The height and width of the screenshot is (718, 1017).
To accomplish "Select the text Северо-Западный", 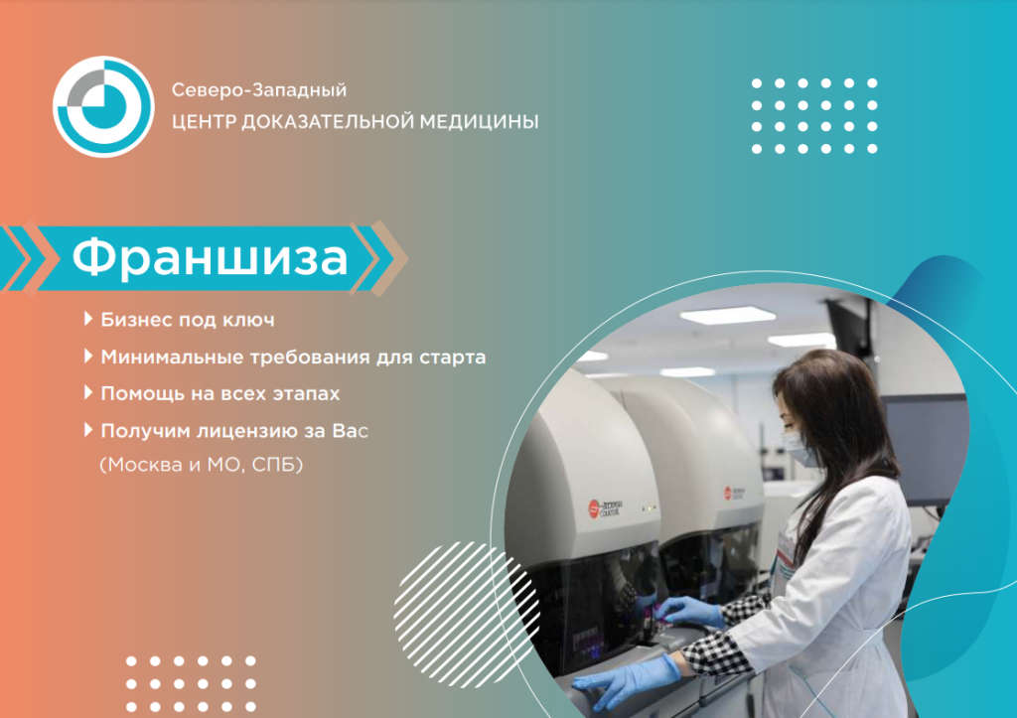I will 258,90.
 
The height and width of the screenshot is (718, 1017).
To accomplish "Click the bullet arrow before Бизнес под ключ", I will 89,320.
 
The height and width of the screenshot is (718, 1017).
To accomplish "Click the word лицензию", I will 241,432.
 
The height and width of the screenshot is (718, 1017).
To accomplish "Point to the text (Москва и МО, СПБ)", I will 201,465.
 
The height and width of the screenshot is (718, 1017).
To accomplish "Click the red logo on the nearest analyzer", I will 597,507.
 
